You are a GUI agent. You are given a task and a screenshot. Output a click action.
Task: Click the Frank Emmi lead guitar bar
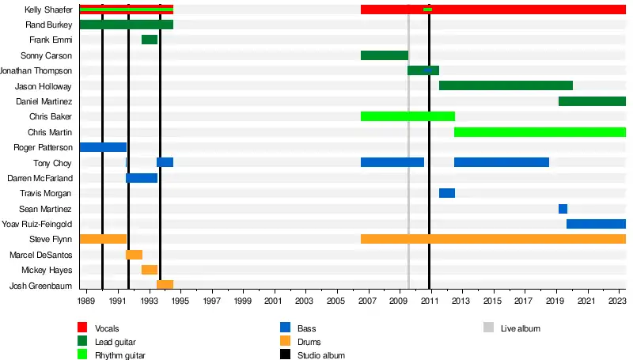click(x=150, y=40)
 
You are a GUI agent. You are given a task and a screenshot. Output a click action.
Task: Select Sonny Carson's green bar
click(x=385, y=55)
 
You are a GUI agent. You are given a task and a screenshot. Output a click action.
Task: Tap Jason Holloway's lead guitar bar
click(x=506, y=85)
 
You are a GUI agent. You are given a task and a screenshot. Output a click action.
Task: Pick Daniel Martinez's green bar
click(x=592, y=101)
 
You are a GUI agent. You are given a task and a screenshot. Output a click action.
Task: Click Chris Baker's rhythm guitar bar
click(x=407, y=116)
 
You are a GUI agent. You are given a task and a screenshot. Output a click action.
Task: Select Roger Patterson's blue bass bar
click(x=103, y=147)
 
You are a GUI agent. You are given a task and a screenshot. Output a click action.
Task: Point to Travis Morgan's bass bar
click(x=447, y=193)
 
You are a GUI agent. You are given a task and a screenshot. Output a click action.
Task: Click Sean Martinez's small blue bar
click(x=563, y=209)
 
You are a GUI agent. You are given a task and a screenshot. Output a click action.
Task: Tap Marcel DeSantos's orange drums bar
click(x=134, y=255)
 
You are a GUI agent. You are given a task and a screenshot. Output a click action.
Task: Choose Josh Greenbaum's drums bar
click(x=165, y=285)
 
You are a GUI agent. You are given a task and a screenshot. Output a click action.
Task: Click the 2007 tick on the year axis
click(x=367, y=301)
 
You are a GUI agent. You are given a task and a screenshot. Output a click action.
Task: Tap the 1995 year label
click(x=180, y=301)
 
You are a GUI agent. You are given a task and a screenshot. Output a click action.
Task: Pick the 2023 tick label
click(x=617, y=301)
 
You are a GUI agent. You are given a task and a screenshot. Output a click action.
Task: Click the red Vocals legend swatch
click(x=82, y=328)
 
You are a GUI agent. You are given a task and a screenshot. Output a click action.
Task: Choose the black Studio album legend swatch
click(x=285, y=356)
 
